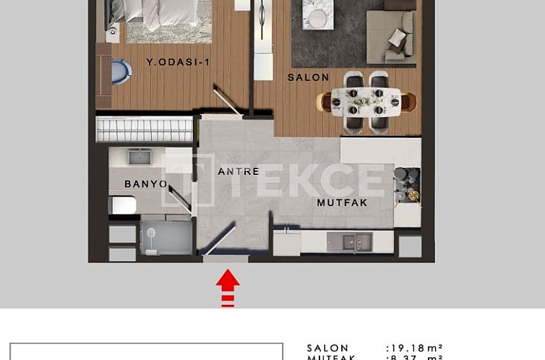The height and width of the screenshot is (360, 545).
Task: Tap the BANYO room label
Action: (x=145, y=184)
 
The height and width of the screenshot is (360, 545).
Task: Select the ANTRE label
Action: (x=239, y=171)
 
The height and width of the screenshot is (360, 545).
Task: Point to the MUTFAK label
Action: (x=342, y=203)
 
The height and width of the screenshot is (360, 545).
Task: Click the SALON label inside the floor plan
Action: (x=309, y=77)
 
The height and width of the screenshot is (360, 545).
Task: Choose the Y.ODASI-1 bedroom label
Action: (x=178, y=62)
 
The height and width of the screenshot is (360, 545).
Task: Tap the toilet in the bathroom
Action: (x=124, y=205)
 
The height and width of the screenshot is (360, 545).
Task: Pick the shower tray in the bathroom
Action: (x=166, y=238)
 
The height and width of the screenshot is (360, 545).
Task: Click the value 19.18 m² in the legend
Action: (x=414, y=348)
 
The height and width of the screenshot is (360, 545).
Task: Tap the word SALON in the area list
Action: (x=327, y=348)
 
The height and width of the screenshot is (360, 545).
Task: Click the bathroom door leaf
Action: (x=180, y=197)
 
